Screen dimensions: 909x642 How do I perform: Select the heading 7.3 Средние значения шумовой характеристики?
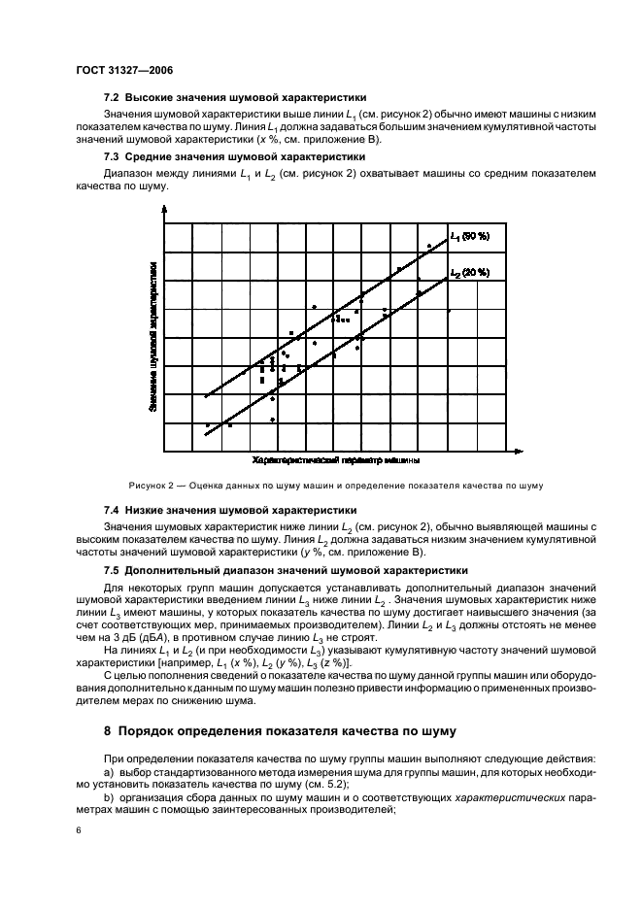(x=234, y=156)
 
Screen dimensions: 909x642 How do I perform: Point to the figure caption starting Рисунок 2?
(x=335, y=486)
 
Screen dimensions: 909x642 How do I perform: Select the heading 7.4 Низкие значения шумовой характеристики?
(x=230, y=510)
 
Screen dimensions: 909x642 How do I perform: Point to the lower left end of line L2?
(x=206, y=434)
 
